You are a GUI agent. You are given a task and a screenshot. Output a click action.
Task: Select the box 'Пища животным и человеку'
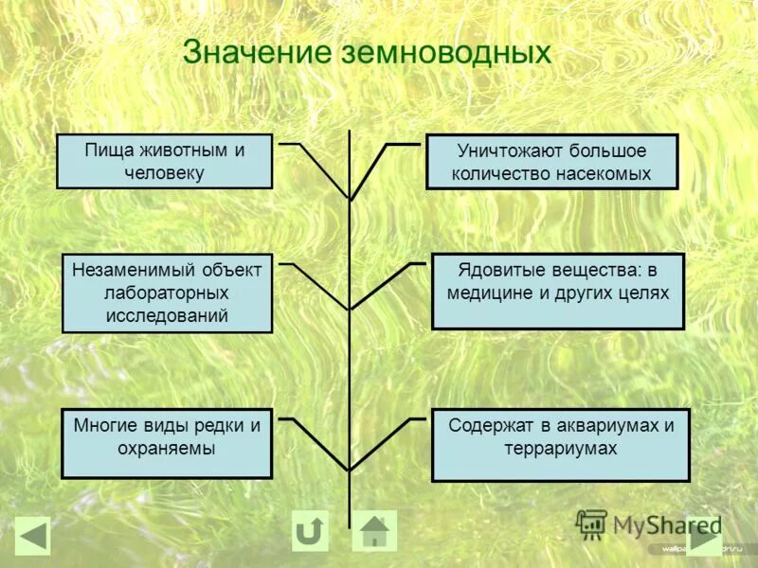tap(165, 161)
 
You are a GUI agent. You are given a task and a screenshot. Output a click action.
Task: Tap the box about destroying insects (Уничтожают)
tap(551, 162)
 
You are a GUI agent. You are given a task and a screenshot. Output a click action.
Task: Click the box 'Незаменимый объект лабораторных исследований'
tap(167, 293)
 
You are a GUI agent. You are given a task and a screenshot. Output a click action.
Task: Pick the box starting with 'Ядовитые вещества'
tap(557, 292)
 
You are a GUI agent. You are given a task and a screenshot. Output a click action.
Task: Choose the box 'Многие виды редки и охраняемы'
tap(167, 443)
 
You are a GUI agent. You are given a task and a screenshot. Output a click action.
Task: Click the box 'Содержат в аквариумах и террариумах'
tap(560, 445)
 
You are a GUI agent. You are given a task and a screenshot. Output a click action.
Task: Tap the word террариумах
tap(561, 449)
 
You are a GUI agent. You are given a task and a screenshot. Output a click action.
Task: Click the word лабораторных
tap(167, 293)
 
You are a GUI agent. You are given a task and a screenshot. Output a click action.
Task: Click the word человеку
tap(164, 173)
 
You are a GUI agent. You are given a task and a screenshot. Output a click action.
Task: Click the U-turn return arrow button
tap(310, 531)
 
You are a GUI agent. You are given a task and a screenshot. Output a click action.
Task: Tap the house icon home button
tap(374, 531)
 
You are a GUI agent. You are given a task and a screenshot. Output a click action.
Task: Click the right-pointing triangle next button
tap(704, 537)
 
